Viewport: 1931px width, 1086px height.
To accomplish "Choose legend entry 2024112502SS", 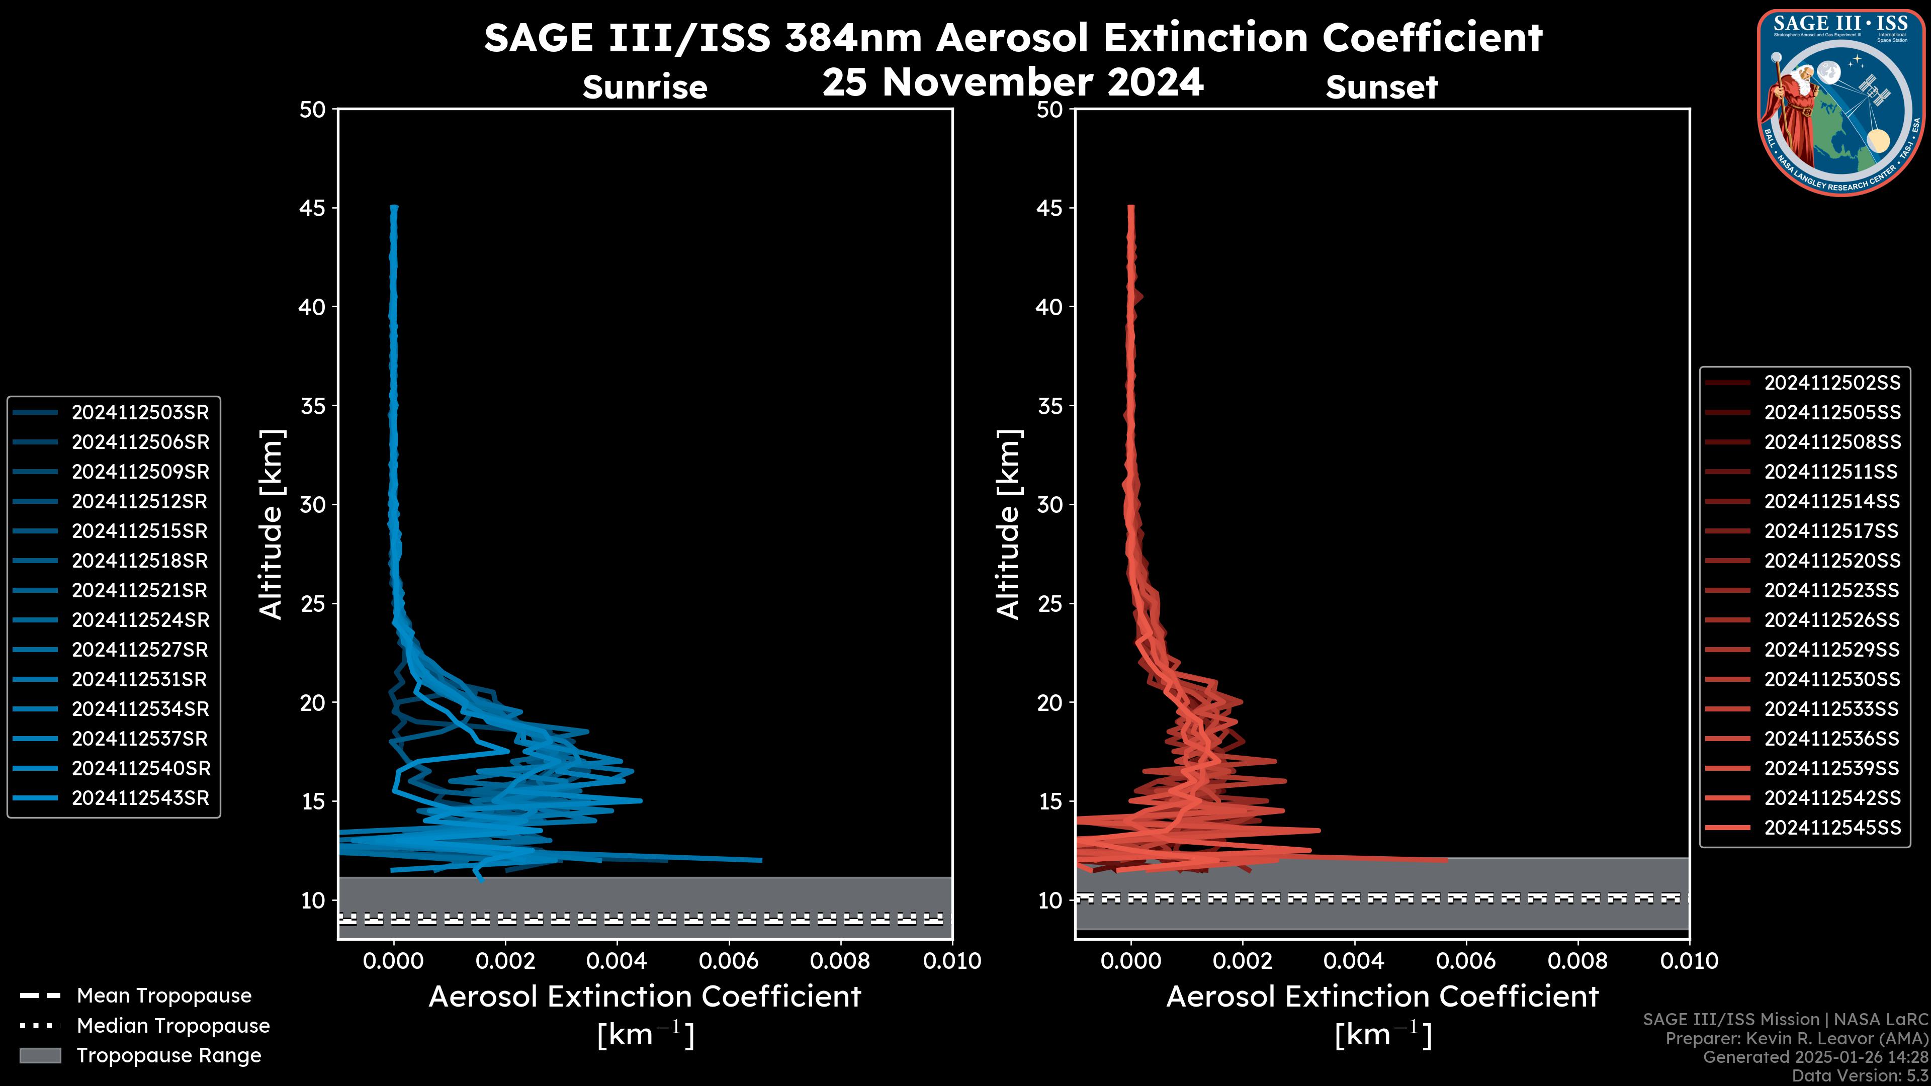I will (x=1832, y=383).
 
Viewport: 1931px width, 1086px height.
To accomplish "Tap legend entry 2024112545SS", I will (x=1832, y=828).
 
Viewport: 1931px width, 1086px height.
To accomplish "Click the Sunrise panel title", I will (x=645, y=87).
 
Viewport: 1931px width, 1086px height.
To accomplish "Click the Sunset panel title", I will (x=1381, y=87).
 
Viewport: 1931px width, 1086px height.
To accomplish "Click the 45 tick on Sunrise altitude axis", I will (x=313, y=208).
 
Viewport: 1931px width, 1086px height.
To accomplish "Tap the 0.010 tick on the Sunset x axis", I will (x=1689, y=961).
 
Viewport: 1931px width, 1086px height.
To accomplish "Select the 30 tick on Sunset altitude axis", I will (x=1051, y=504).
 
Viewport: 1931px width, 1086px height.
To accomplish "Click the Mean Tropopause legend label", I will (x=164, y=995).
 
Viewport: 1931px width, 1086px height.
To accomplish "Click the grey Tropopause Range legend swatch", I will (x=40, y=1055).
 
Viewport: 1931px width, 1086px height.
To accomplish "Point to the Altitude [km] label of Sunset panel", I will (x=1008, y=524).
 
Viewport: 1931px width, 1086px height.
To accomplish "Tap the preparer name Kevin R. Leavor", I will (x=1836, y=1039).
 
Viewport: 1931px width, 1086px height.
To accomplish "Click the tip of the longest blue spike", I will (x=761, y=860).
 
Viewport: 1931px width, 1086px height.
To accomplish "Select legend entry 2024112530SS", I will (x=1832, y=679).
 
